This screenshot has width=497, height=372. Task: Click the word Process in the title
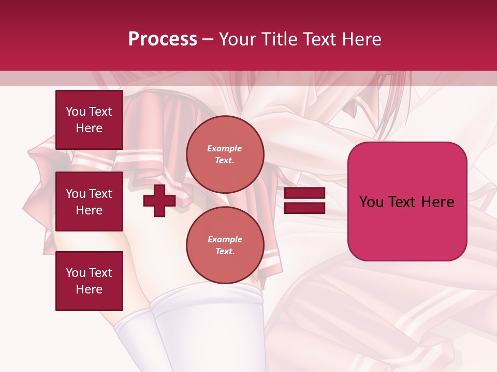[163, 39]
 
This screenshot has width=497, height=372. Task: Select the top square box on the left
[89, 120]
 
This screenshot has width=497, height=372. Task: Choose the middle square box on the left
[89, 202]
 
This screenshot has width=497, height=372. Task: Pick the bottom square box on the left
[89, 281]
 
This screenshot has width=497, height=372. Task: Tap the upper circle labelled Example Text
[225, 154]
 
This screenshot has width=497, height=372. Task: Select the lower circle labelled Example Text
[225, 245]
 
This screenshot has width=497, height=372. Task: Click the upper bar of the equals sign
[304, 193]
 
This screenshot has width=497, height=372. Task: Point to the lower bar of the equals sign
[304, 208]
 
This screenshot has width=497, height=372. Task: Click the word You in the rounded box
[371, 202]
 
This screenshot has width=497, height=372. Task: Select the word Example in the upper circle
[225, 148]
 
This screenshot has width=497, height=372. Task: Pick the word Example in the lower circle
[225, 239]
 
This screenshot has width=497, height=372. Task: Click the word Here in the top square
[89, 128]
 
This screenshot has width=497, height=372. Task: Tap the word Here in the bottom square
[89, 289]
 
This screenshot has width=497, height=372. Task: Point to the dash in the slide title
[208, 39]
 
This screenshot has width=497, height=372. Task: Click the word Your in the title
[238, 39]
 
